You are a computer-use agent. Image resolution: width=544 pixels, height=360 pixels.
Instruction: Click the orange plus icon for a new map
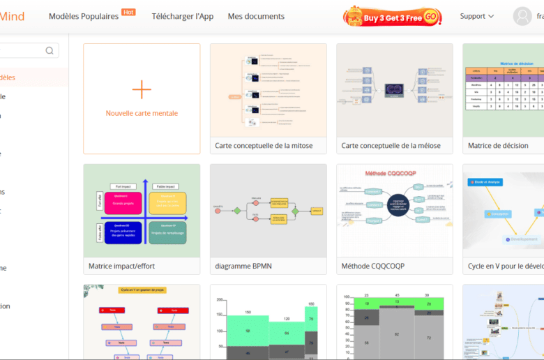142,89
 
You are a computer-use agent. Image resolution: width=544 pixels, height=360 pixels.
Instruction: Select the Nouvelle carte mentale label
142,113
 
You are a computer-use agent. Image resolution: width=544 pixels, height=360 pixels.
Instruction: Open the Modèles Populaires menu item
84,16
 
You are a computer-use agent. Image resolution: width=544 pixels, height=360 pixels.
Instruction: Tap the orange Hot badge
128,12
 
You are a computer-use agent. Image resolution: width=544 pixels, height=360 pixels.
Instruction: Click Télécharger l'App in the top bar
183,16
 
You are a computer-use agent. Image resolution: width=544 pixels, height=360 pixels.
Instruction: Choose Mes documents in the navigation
256,16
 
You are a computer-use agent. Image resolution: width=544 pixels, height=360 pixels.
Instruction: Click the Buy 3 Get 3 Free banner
393,16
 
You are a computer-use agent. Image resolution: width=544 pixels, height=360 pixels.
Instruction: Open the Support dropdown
477,16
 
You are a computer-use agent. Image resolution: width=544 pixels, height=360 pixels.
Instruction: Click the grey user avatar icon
522,16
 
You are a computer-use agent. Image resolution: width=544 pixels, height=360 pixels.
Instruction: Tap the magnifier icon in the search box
50,50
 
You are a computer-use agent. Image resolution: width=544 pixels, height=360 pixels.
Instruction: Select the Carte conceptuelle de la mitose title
264,146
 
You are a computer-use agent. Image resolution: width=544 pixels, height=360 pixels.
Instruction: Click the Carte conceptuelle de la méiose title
390,146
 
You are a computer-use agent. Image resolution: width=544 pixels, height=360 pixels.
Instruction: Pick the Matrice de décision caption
498,146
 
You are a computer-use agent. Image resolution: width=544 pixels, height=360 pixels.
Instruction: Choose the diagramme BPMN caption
243,266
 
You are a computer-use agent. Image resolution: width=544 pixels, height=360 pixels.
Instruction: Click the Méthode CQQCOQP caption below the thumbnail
372,266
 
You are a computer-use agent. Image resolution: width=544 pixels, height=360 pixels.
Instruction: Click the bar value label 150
247,312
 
